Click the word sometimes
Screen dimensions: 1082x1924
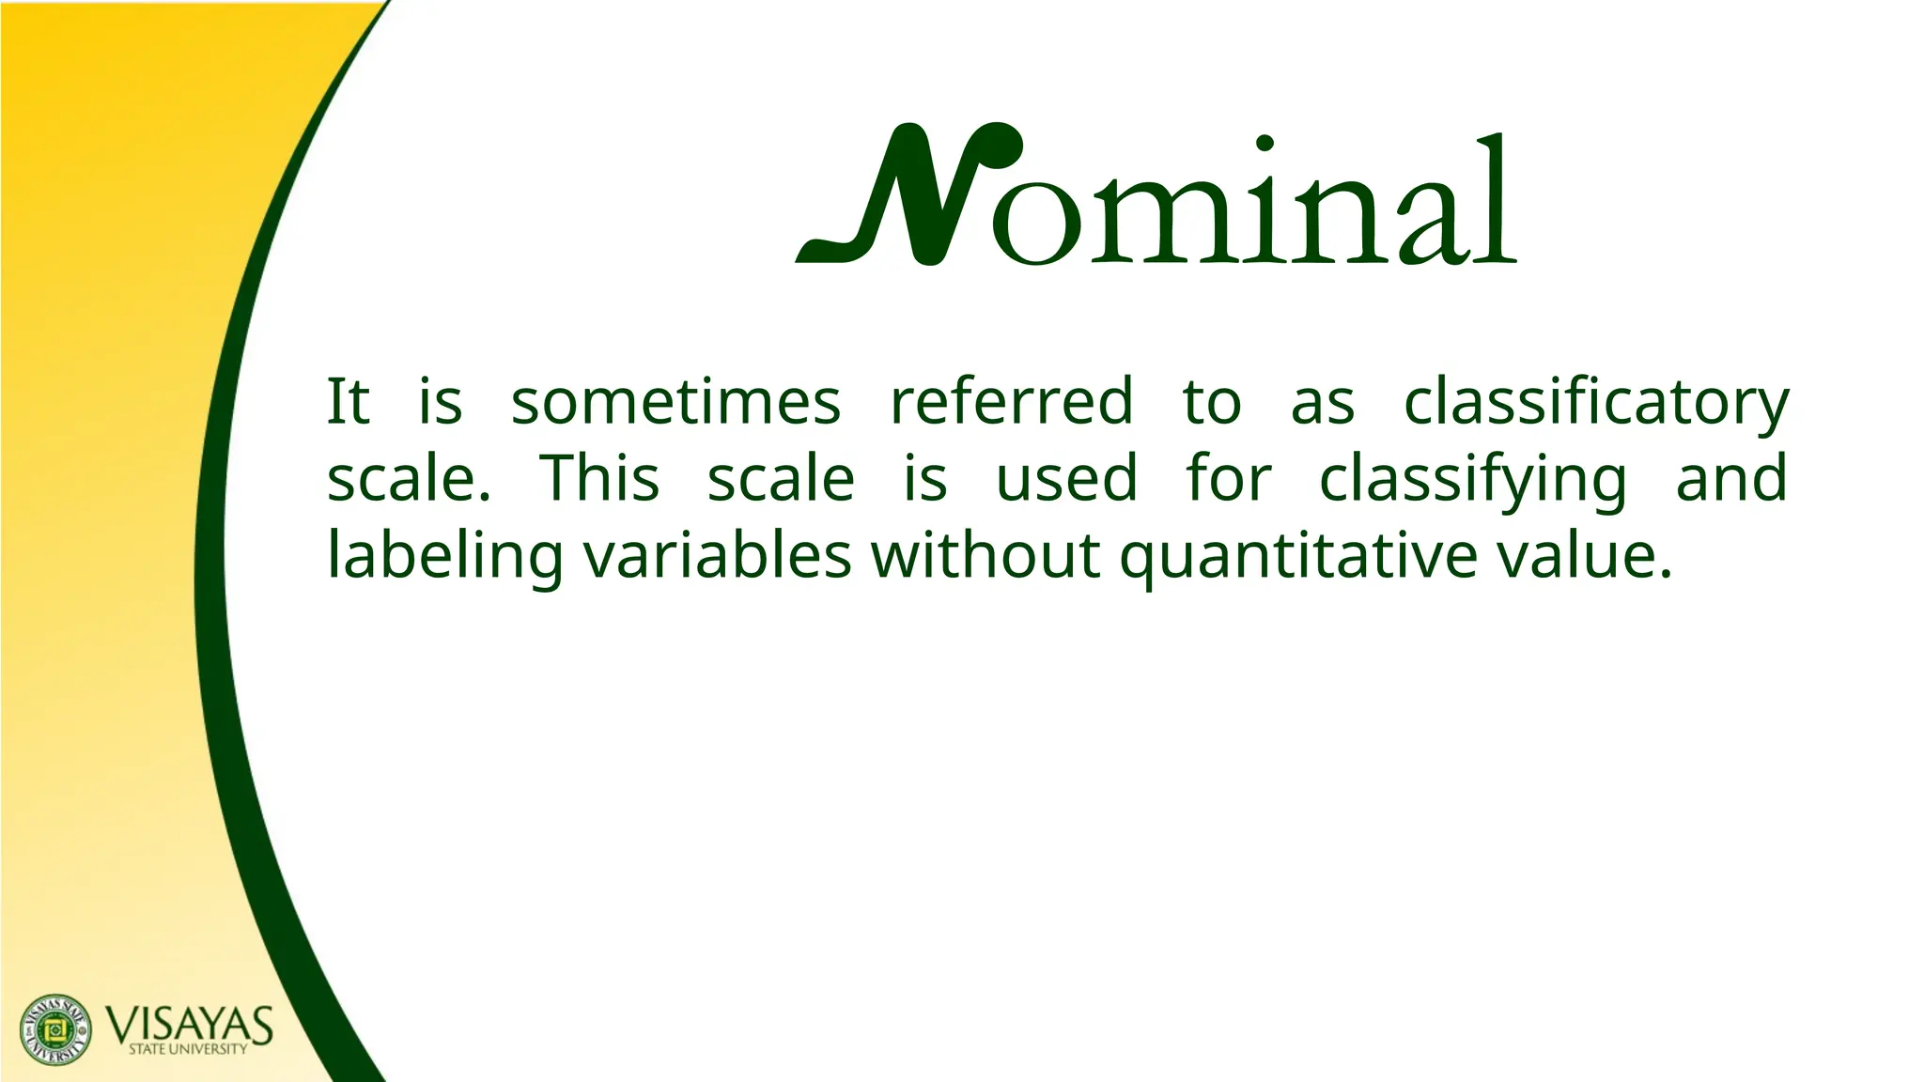[x=675, y=402]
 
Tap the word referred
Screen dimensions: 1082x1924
[x=1011, y=402]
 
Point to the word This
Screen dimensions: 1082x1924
[x=598, y=478]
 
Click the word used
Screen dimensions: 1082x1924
[x=1066, y=478]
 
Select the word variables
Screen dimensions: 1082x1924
[x=718, y=555]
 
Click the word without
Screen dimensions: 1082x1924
[x=985, y=555]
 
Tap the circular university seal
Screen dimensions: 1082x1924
[x=56, y=1029]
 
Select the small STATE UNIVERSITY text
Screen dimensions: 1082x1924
[x=188, y=1049]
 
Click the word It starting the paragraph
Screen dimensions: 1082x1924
[x=348, y=402]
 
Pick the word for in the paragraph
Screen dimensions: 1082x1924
[x=1228, y=478]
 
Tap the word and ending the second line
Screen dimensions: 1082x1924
[x=1731, y=478]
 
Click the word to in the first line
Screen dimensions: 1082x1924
[x=1212, y=402]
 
